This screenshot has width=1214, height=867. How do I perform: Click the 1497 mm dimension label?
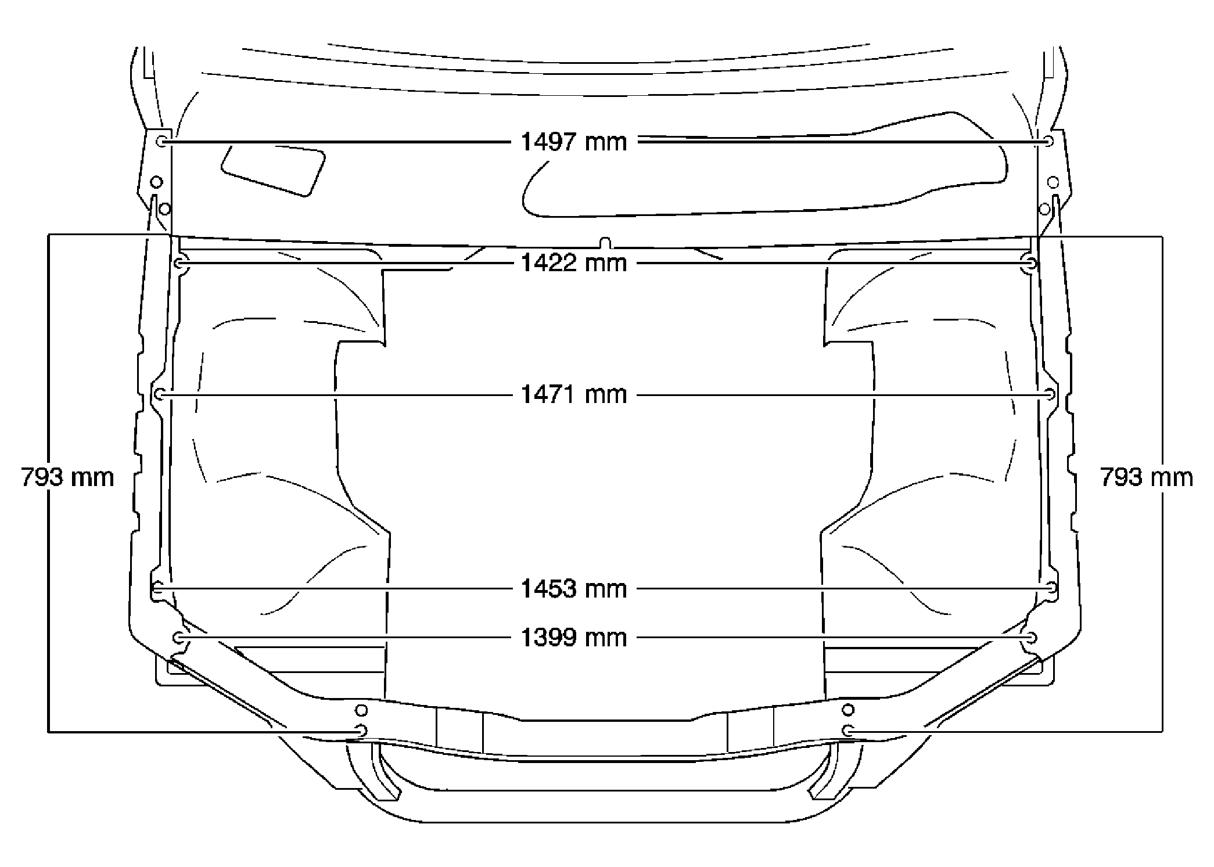574,142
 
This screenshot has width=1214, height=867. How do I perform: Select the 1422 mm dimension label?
574,263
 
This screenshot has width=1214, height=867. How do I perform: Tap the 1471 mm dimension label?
574,395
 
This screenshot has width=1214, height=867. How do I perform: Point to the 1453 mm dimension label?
574,589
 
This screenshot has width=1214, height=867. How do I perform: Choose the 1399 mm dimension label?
574,638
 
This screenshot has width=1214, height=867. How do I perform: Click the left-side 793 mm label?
67,477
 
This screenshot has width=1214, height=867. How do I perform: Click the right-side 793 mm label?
1147,477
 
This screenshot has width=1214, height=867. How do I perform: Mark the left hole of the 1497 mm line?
163,141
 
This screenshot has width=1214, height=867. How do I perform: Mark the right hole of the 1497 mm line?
1048,141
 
